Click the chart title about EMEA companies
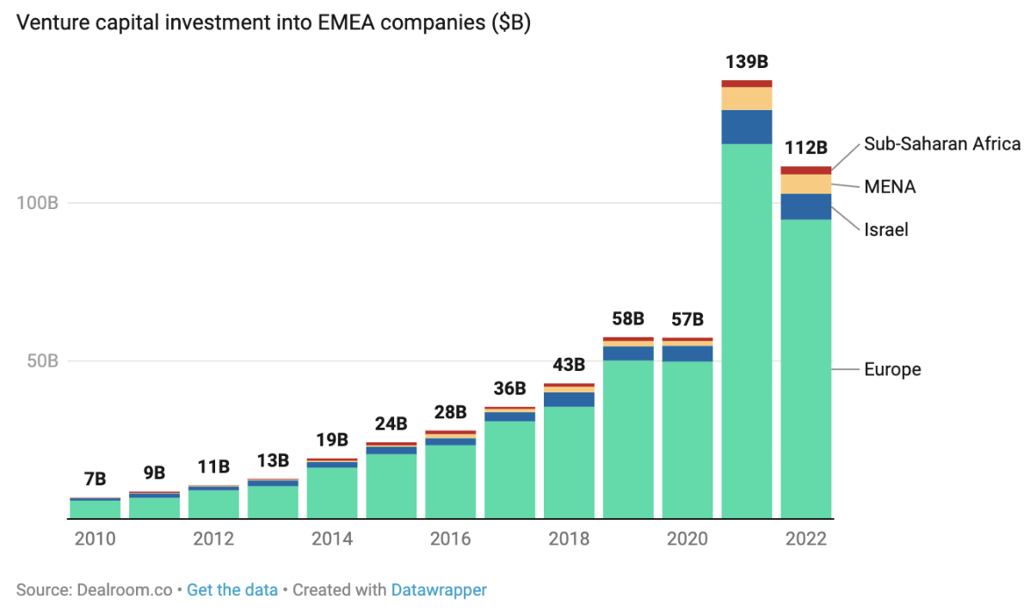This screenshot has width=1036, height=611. click(274, 23)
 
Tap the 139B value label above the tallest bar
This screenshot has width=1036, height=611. click(746, 62)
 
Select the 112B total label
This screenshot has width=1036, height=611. click(805, 147)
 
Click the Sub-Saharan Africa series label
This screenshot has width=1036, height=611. click(942, 144)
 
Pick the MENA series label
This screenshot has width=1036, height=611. click(890, 187)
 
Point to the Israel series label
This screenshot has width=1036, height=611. click(886, 230)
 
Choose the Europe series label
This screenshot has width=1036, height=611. click(892, 369)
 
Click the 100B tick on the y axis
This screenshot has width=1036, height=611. click(37, 203)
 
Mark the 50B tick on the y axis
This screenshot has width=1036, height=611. click(40, 361)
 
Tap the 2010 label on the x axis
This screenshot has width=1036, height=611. click(95, 540)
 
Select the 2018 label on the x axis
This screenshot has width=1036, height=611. click(569, 540)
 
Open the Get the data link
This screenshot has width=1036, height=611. click(232, 590)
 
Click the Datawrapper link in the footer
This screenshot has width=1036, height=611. click(439, 590)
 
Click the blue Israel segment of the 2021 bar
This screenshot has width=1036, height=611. click(746, 127)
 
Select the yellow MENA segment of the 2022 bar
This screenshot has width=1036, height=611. click(805, 184)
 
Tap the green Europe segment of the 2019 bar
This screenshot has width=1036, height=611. click(628, 439)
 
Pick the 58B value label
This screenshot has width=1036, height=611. click(628, 319)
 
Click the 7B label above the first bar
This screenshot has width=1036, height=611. click(95, 479)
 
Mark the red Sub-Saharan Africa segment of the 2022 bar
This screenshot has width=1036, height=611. click(805, 170)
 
